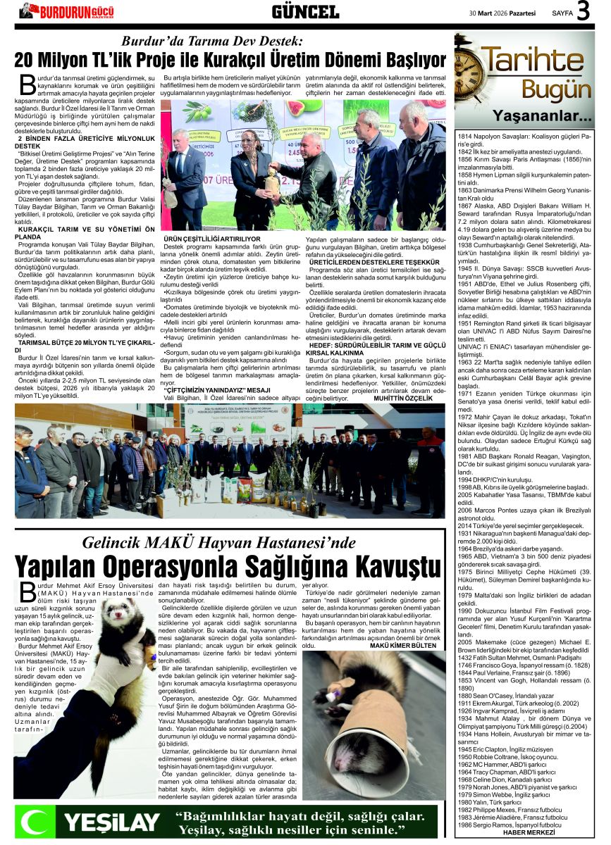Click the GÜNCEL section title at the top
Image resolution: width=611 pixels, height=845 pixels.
click(x=304, y=12)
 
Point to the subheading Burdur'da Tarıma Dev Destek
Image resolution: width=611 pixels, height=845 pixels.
click(x=211, y=41)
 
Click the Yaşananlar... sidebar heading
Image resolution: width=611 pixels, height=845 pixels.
click(x=542, y=115)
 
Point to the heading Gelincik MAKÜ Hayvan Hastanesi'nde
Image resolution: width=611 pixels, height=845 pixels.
click(x=219, y=542)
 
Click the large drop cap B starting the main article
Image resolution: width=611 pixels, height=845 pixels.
click(x=27, y=85)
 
